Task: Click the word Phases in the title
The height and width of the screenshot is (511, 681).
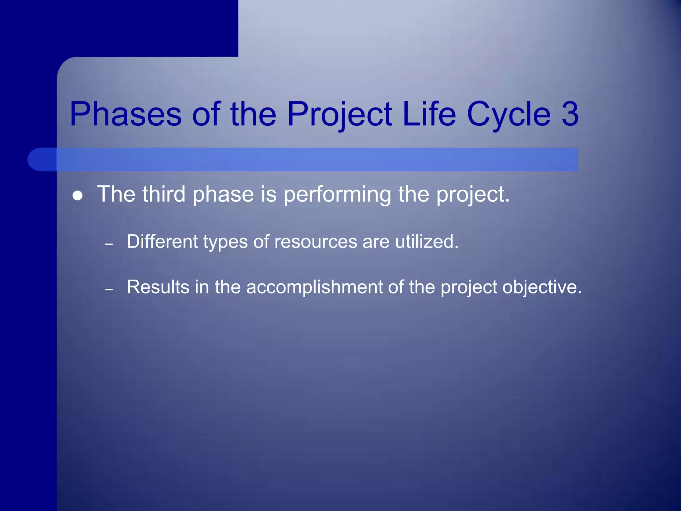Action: click(x=126, y=114)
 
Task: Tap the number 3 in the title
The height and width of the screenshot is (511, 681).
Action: click(x=570, y=114)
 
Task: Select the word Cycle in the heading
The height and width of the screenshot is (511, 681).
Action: click(x=509, y=114)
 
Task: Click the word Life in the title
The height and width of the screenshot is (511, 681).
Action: click(x=429, y=114)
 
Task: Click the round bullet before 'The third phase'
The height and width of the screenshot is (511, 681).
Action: click(x=77, y=196)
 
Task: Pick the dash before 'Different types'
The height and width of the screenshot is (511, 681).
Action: click(x=109, y=245)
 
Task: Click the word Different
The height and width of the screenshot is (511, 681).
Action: click(x=162, y=242)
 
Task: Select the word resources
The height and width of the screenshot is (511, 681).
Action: click(x=316, y=242)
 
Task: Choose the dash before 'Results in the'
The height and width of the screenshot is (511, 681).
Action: click(x=109, y=290)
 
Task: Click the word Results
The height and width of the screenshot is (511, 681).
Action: click(x=158, y=287)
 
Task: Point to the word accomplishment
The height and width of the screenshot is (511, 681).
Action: click(x=314, y=287)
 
